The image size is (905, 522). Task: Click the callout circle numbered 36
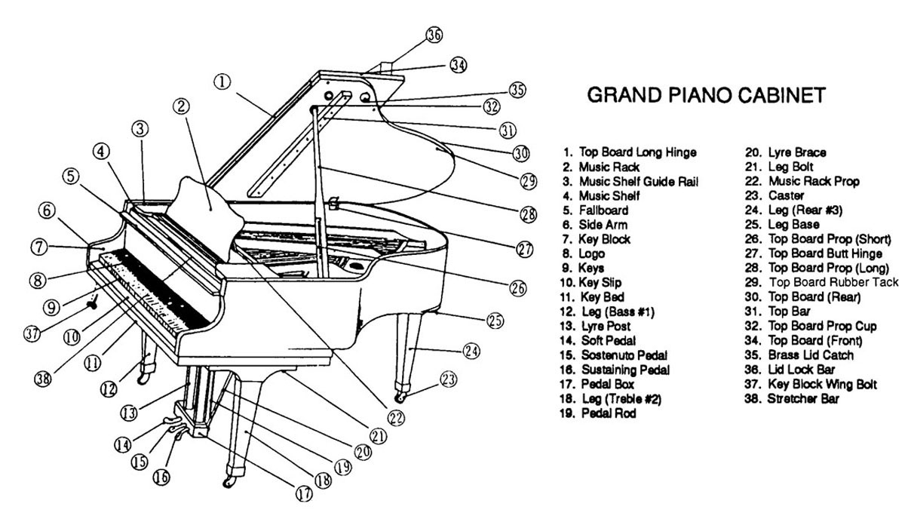click(433, 35)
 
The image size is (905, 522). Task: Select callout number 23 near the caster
click(449, 380)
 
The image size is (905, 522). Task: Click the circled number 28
click(529, 213)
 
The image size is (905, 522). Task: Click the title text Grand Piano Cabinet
click(706, 96)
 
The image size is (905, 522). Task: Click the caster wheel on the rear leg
click(400, 396)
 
